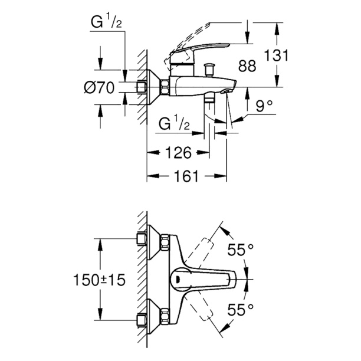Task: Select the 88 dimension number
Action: point(248,66)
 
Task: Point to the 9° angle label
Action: point(265,106)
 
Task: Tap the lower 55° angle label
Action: point(242,309)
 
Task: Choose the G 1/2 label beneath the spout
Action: point(174,125)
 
